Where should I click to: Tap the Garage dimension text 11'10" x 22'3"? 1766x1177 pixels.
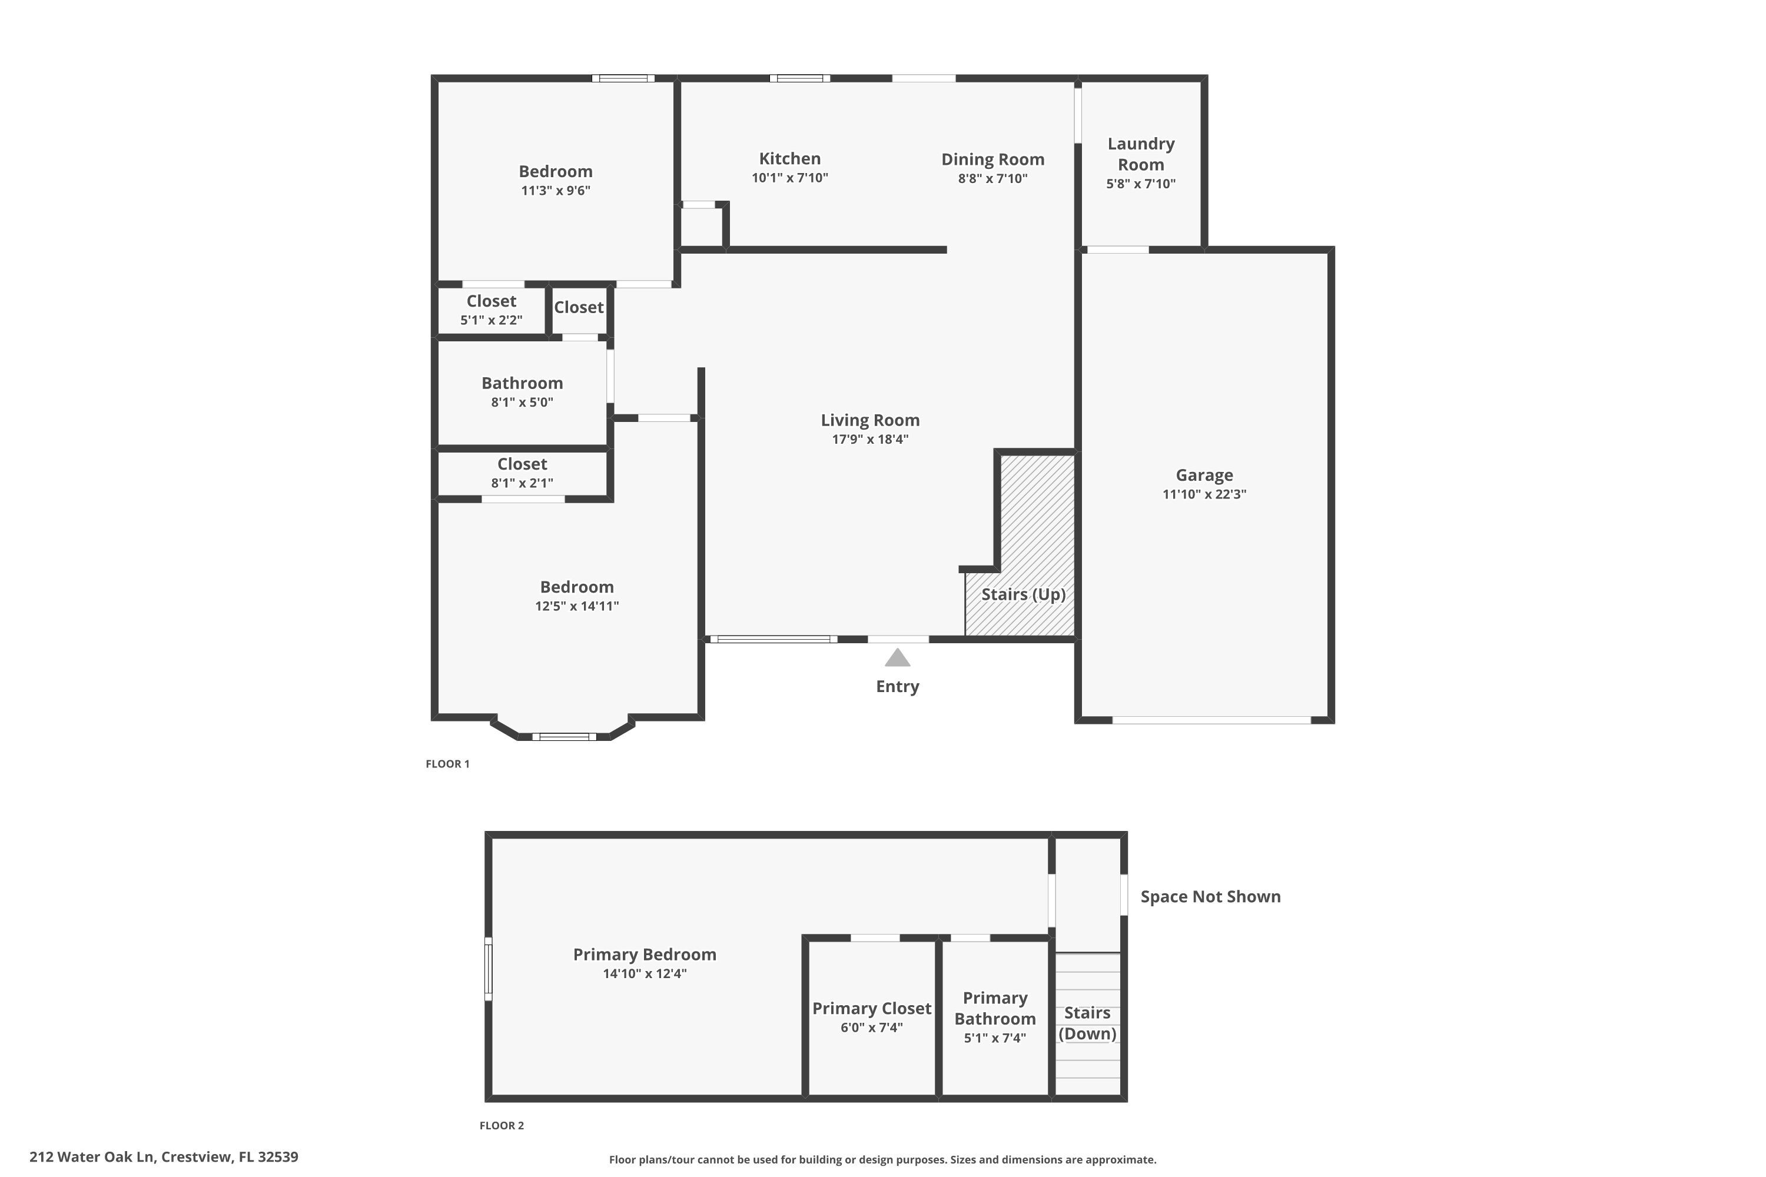coord(1204,494)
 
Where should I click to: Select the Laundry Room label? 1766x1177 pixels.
coord(1141,154)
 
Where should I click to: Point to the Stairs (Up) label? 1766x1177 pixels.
coord(1024,594)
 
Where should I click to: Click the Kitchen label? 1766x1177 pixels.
coord(789,158)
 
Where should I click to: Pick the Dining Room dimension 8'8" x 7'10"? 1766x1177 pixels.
coord(992,179)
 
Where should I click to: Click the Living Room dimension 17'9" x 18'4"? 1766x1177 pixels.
coord(869,439)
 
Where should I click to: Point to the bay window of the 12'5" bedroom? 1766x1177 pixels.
coord(564,736)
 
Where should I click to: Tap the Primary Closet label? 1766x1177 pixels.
coord(871,1008)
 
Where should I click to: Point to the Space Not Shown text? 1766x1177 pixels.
coord(1210,896)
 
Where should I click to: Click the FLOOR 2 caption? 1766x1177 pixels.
coord(502,1125)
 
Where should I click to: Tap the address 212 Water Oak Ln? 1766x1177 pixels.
coord(164,1157)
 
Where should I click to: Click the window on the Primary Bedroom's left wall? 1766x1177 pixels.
coord(488,968)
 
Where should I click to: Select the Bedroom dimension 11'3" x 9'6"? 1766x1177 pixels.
coord(555,191)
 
